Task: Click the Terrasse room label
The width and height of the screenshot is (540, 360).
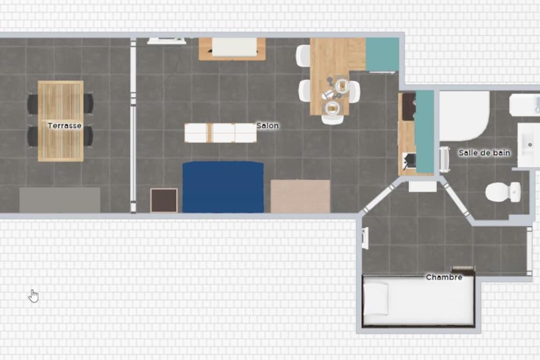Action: click(64, 125)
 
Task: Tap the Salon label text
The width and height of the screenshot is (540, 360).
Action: click(267, 125)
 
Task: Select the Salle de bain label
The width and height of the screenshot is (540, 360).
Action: click(484, 153)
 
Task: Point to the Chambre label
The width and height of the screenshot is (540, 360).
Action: click(444, 277)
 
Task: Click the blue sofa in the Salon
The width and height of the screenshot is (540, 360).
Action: click(223, 187)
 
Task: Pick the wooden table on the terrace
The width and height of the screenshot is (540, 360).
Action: click(61, 121)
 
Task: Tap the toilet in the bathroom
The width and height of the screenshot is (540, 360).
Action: click(503, 192)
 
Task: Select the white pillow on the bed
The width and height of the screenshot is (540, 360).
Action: click(377, 299)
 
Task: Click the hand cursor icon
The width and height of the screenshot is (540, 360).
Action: click(33, 296)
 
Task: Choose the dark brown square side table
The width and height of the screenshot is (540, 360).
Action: click(164, 200)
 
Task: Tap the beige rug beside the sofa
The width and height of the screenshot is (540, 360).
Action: click(300, 196)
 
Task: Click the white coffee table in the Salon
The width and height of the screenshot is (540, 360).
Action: click(220, 132)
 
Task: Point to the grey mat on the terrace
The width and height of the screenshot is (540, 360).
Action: click(60, 200)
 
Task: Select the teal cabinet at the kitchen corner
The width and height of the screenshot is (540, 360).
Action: click(382, 54)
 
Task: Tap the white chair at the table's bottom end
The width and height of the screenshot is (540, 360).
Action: click(332, 119)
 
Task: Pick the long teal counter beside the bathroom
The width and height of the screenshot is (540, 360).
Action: click(425, 132)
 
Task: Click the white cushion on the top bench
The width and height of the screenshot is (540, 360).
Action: click(235, 47)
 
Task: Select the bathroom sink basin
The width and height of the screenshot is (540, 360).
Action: click(528, 145)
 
